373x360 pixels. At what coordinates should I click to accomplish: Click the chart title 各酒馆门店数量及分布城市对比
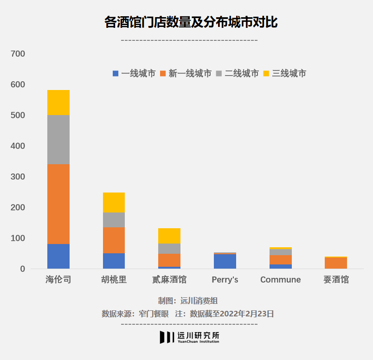(191, 22)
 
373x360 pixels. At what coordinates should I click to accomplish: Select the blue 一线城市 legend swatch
(116, 73)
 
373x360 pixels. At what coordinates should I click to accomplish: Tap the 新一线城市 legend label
(190, 73)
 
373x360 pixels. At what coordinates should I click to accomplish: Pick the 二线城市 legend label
(242, 73)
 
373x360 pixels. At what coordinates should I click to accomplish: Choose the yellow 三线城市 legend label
(289, 73)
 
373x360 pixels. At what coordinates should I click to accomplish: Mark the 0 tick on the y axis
(22, 269)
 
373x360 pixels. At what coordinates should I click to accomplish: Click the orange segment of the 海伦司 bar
(58, 204)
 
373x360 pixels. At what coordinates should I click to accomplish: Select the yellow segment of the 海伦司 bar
(58, 103)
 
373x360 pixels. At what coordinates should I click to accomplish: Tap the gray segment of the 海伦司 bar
(58, 140)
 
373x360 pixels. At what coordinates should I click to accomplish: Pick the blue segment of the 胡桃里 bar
(114, 261)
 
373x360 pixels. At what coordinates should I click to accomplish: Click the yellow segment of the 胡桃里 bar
(114, 202)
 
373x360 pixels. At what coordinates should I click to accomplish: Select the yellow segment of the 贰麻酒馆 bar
(169, 236)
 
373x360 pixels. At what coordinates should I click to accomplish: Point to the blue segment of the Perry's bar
(225, 261)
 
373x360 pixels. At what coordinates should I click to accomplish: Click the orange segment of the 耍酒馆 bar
(336, 263)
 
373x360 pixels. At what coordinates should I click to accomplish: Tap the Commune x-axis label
(280, 280)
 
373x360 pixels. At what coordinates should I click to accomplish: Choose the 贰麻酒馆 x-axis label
(169, 280)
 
